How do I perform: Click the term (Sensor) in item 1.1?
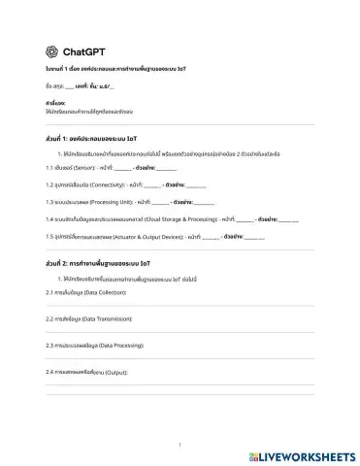tap(86, 167)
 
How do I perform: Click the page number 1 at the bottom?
tap(180, 446)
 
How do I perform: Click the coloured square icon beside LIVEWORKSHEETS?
tap(255, 453)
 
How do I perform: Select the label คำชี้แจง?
tap(55, 102)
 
